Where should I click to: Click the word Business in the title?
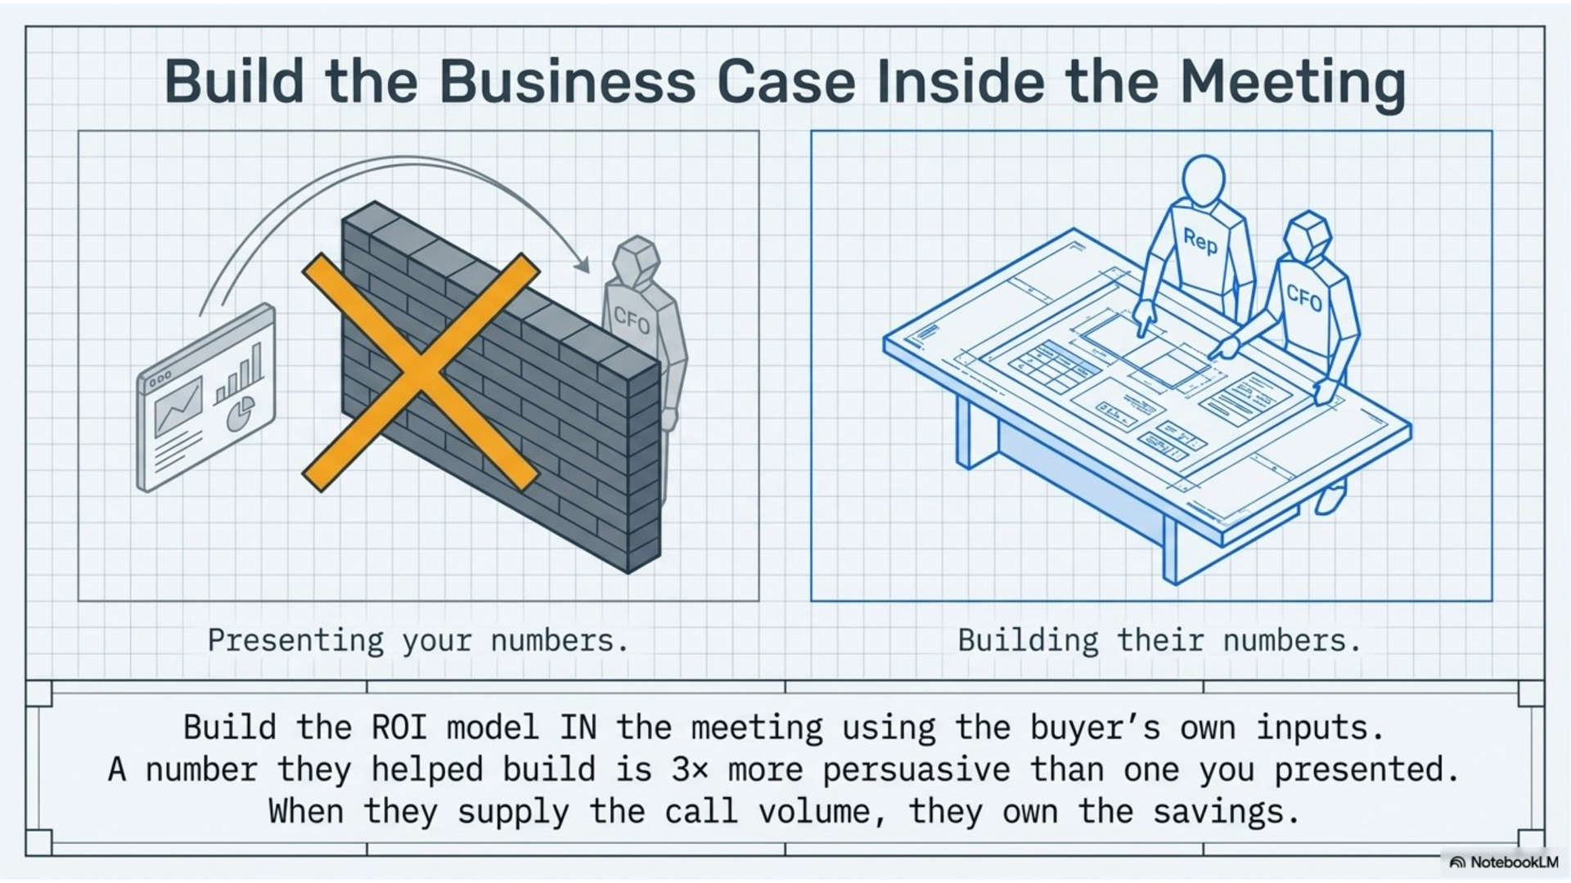567,82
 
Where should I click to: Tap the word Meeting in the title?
1293,83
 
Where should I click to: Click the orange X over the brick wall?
421,372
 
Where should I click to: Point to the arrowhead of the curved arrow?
582,265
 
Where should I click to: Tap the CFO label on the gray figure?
631,320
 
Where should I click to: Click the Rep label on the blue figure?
1200,241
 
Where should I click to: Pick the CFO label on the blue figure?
1303,298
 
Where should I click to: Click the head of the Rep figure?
1204,181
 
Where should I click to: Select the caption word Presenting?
295,641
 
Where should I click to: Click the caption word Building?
1028,641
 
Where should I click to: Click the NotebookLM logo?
1504,862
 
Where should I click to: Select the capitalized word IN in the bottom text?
578,728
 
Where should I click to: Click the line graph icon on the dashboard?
178,406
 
